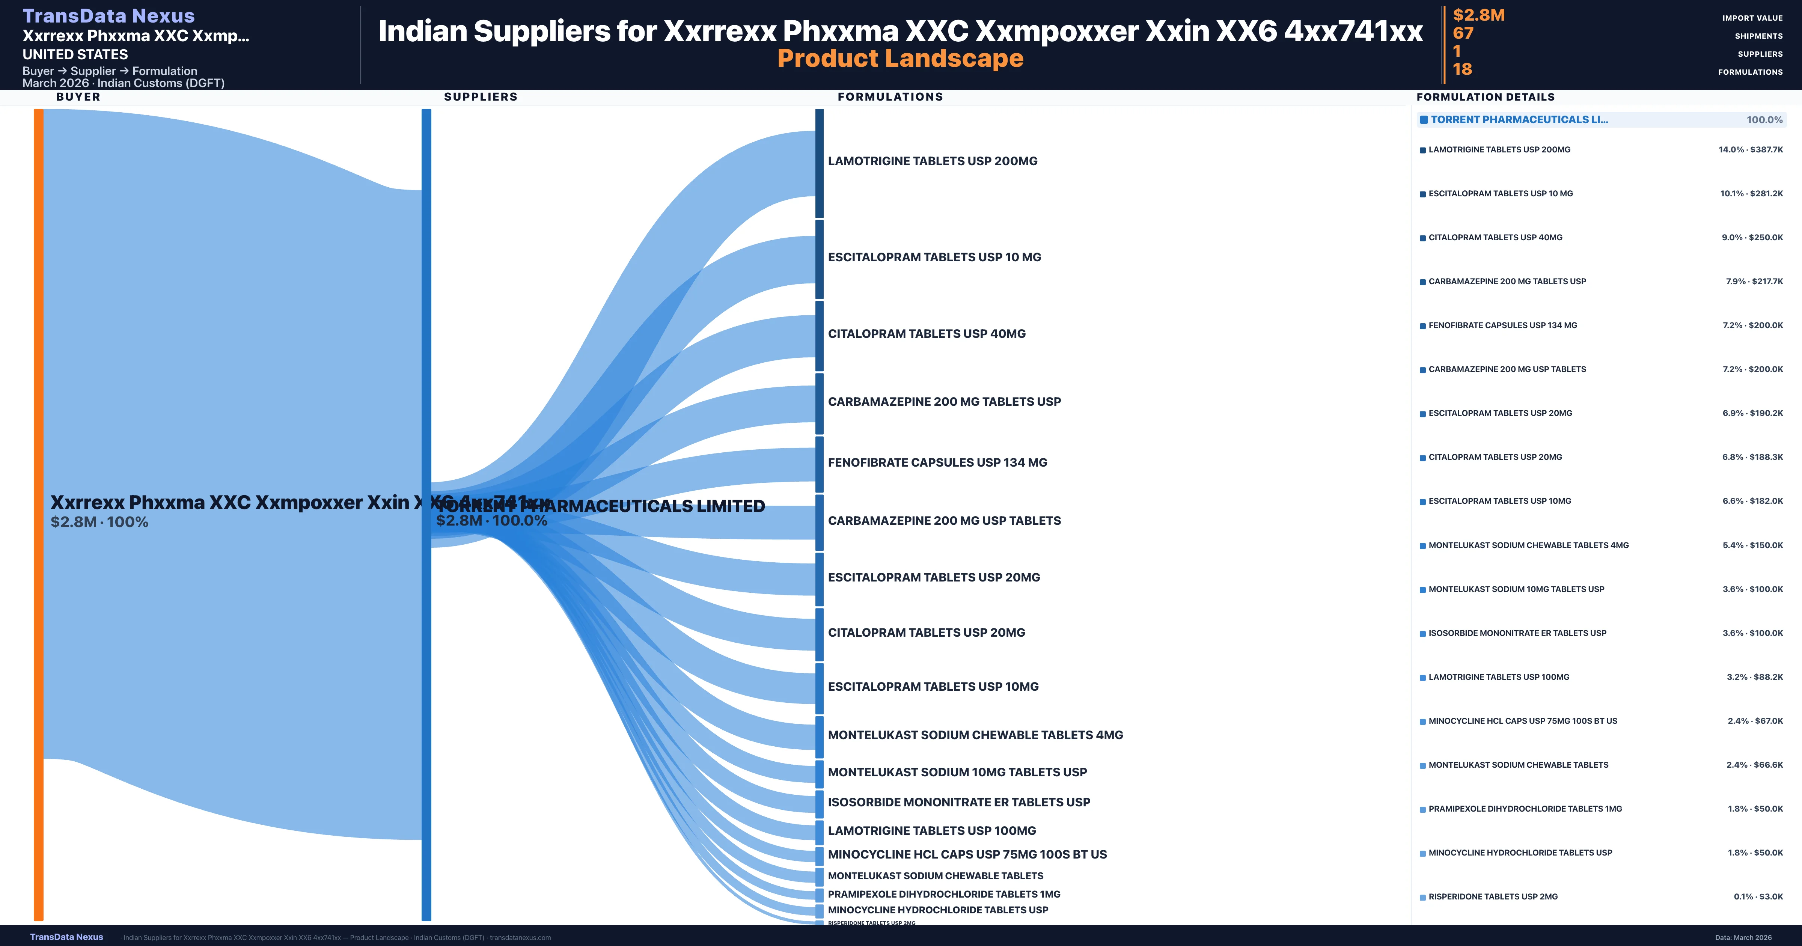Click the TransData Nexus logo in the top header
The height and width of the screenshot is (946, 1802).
(x=108, y=15)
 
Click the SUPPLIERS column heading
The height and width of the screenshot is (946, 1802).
(x=481, y=96)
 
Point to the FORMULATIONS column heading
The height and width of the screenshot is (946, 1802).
(x=890, y=96)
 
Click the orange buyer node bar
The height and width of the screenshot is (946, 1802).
(x=38, y=514)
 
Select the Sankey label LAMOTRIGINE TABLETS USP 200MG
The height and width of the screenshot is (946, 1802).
(x=933, y=161)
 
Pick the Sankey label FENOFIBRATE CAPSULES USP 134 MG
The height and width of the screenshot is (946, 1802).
(x=937, y=462)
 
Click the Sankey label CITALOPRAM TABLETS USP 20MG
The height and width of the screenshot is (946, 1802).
(x=926, y=633)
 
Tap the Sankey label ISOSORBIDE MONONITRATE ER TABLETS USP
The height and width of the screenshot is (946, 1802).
(x=958, y=803)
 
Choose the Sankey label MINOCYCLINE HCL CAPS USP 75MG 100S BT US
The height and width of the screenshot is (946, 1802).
(x=967, y=854)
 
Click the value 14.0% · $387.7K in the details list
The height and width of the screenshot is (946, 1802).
(x=1750, y=150)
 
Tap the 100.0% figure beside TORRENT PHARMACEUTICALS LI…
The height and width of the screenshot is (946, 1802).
(x=1764, y=120)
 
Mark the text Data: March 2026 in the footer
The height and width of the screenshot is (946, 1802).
(x=1743, y=938)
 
